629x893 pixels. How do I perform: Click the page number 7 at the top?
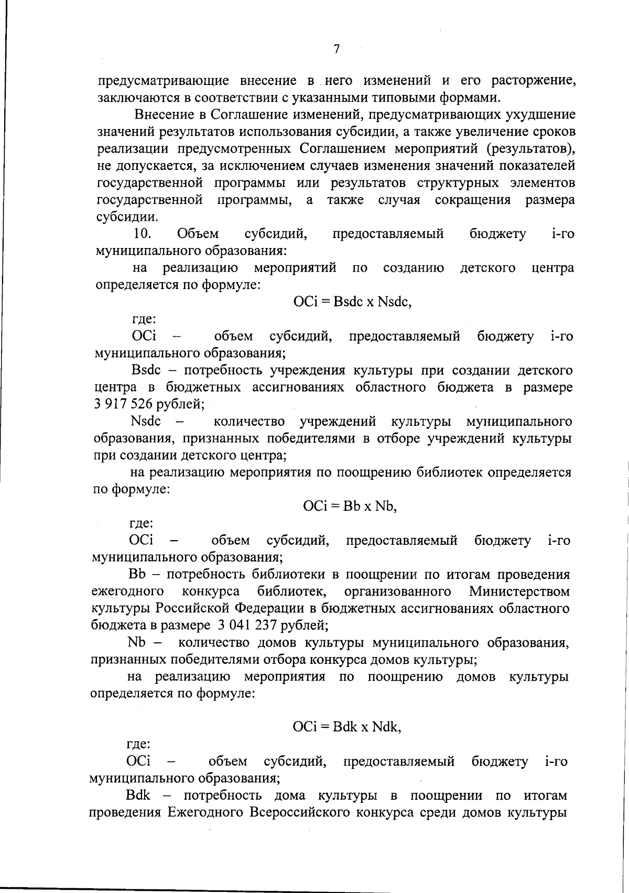click(x=337, y=49)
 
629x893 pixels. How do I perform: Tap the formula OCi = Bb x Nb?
click(x=350, y=506)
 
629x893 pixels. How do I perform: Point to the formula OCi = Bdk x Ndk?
click(x=347, y=727)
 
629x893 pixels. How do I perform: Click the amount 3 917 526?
click(x=127, y=404)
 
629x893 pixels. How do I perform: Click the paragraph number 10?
click(x=143, y=233)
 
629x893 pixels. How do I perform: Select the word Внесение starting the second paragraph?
click(x=166, y=114)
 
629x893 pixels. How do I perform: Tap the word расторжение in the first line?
click(x=534, y=81)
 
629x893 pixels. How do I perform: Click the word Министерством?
click(x=519, y=591)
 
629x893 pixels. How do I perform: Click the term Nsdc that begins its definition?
click(x=146, y=421)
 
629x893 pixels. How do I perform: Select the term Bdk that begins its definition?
click(x=138, y=795)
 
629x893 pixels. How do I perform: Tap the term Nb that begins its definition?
click(x=137, y=642)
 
